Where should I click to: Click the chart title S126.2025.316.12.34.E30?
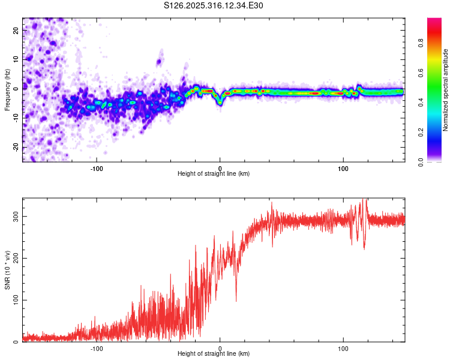pos(214,5)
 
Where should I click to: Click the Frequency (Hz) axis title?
pos(7,89)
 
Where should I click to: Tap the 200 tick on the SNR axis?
pos(14,258)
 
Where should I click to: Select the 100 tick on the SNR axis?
pos(14,300)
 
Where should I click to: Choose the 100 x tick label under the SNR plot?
pos(343,347)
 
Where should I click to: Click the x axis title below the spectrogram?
pos(214,173)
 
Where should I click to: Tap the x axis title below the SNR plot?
pos(214,354)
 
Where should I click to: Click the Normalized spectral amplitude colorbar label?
pos(445,89)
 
